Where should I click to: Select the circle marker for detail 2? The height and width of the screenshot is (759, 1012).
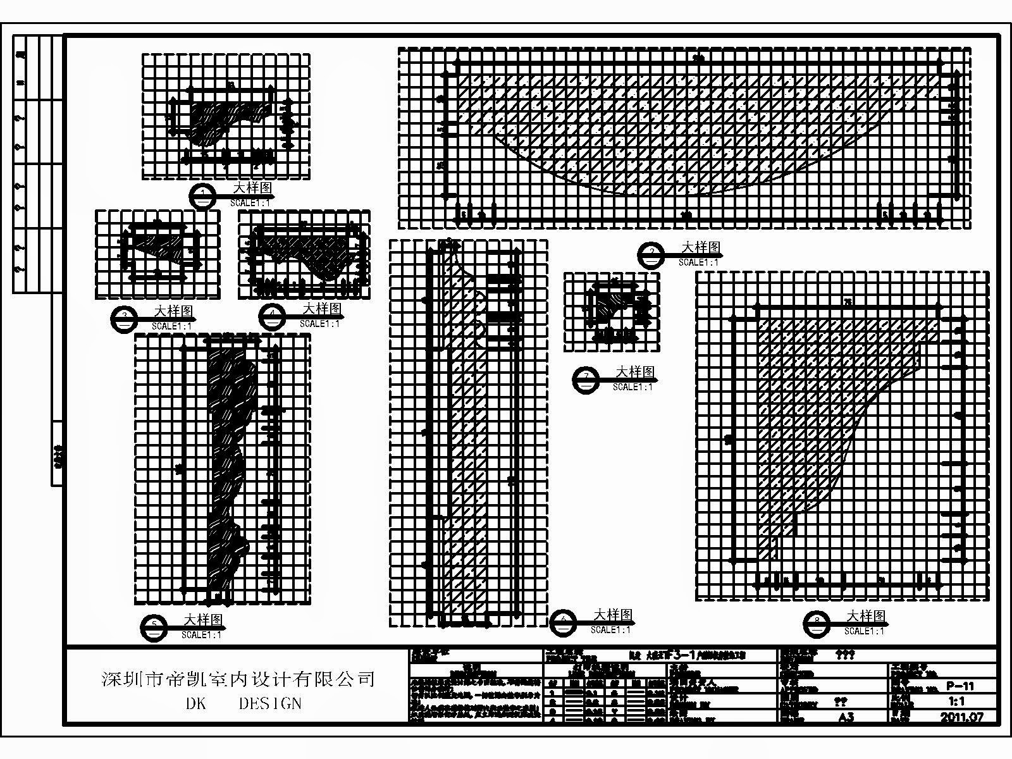(x=651, y=255)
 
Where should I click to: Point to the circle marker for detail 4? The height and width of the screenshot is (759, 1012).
(x=273, y=317)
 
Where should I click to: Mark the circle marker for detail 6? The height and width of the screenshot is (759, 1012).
(x=564, y=622)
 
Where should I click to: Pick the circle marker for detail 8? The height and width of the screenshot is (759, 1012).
(x=817, y=624)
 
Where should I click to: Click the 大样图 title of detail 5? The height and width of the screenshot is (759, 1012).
(x=203, y=619)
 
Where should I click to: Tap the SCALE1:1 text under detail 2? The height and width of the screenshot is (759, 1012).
(x=699, y=262)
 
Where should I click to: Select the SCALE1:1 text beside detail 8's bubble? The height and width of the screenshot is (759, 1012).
(x=865, y=631)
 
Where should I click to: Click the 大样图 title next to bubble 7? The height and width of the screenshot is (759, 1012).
(x=636, y=371)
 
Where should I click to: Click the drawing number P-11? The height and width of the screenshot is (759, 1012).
(x=960, y=686)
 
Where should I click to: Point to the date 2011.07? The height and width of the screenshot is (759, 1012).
(x=961, y=717)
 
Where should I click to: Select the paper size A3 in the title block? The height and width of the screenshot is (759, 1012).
(x=846, y=717)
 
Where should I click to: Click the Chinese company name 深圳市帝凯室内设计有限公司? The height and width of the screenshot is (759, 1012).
(x=238, y=679)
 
